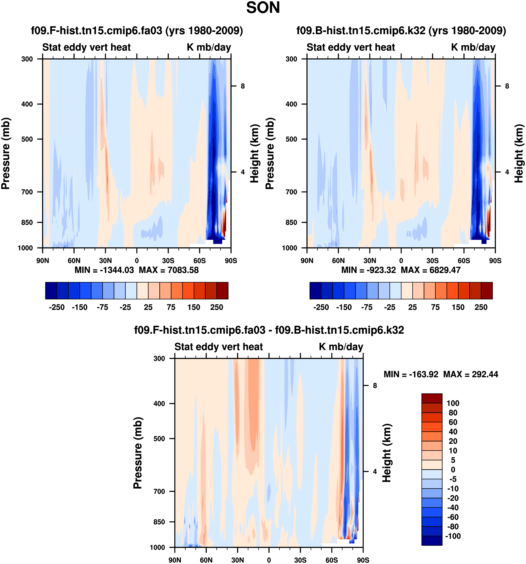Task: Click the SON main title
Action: pos(263,8)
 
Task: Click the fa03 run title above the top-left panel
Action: pos(137,30)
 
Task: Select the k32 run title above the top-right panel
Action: pos(401,30)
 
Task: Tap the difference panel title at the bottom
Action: pos(269,330)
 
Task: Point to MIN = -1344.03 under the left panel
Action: pos(104,270)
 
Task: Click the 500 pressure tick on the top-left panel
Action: pos(27,139)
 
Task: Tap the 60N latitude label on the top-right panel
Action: pos(338,260)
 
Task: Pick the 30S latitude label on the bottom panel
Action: pos(300,560)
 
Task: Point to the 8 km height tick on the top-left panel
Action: pos(242,86)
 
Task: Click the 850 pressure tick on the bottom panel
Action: pos(159,522)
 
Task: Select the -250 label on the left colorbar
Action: pos(57,307)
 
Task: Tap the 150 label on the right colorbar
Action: pos(458,307)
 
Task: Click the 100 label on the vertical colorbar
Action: pos(453,403)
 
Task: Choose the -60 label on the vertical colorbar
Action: pos(453,517)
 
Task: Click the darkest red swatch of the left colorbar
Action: pos(222,291)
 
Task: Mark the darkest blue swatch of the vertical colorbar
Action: pos(431,540)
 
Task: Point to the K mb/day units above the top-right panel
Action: pos(473,47)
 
